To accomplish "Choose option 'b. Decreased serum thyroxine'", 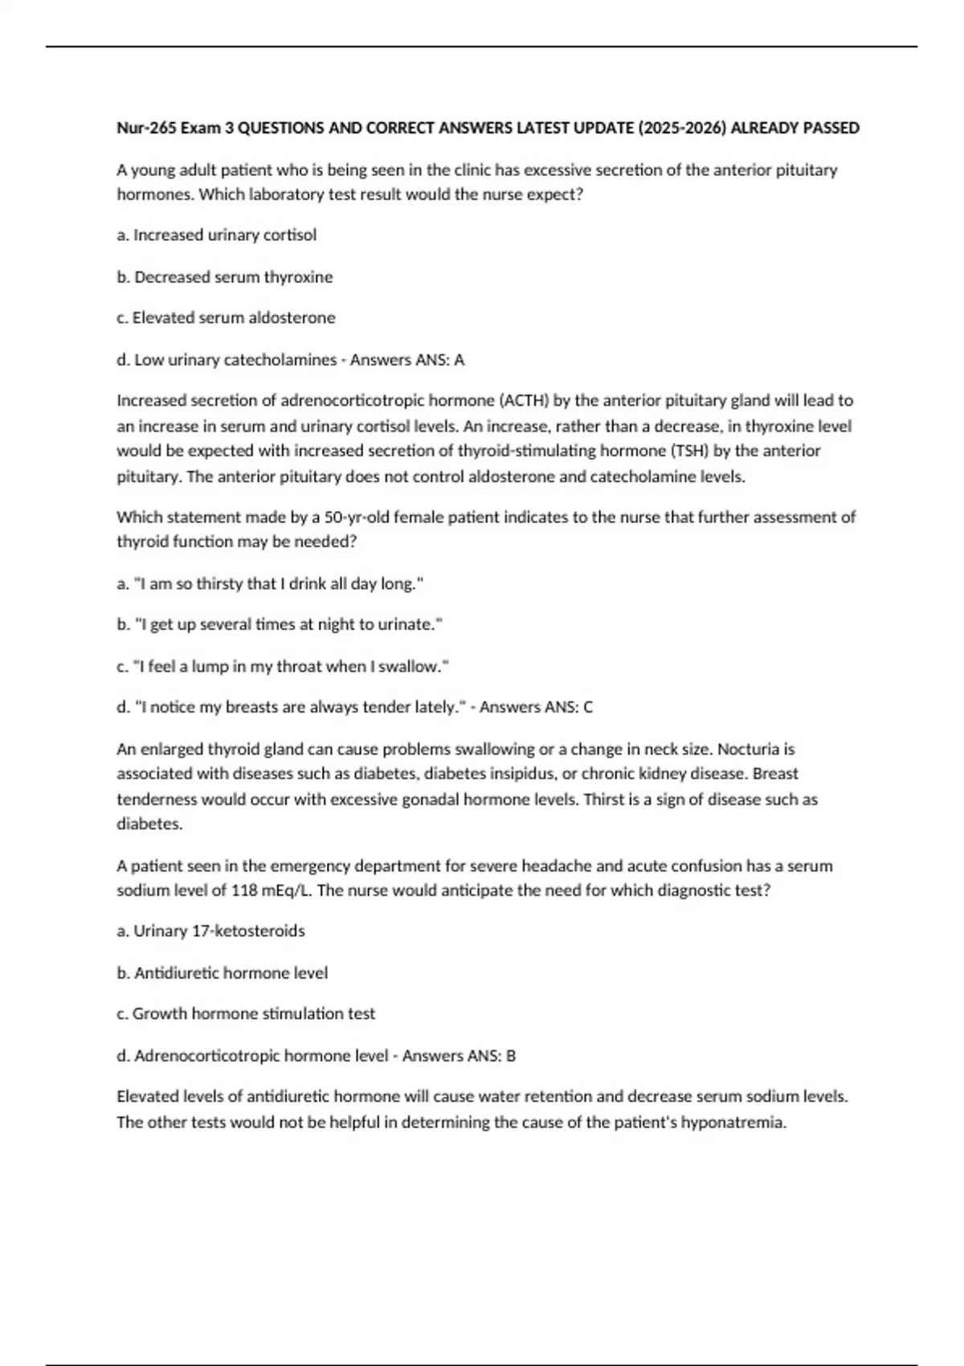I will click(x=225, y=276).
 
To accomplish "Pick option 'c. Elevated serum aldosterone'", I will click(x=226, y=317).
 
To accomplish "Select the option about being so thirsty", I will click(x=271, y=583).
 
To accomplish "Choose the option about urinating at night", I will click(x=280, y=624).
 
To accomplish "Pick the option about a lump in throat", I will click(x=283, y=666).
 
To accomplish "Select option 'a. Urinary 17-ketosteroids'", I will click(x=211, y=930).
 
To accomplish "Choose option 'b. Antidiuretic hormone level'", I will click(x=223, y=972).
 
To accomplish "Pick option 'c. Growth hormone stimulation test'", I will click(x=246, y=1013).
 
